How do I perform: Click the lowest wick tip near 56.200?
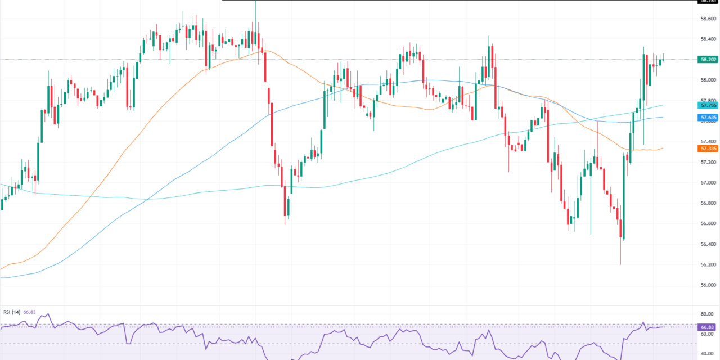[x=620, y=264]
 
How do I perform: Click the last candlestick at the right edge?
[x=664, y=59]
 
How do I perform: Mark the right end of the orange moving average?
[x=663, y=148]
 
